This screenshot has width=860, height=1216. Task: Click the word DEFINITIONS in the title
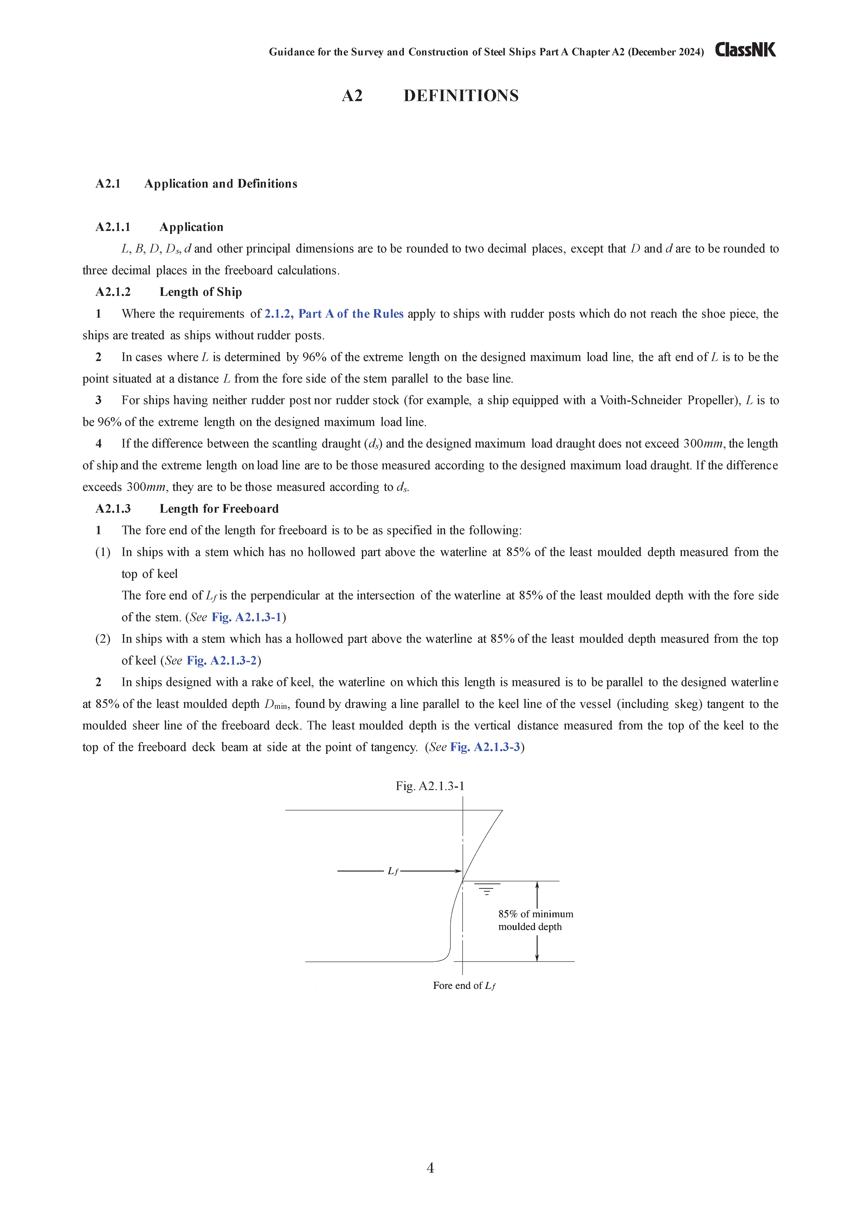461,96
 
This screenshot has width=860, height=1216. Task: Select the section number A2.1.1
113,227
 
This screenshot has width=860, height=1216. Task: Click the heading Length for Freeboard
219,509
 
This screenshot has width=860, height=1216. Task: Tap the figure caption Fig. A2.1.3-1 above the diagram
430,786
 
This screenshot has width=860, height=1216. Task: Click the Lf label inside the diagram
393,871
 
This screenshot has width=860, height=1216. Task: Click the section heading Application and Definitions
221,184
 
